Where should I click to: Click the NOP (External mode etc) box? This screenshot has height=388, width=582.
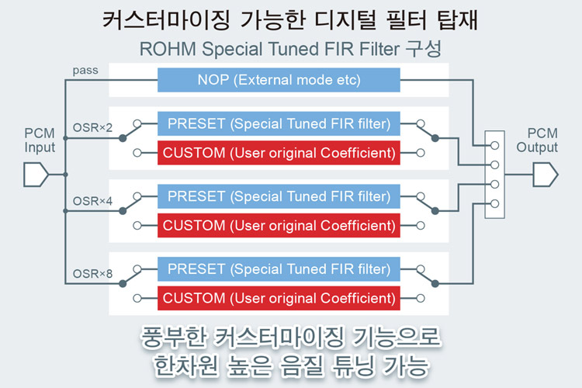tap(279, 80)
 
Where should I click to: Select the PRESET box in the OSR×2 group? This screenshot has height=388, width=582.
tap(279, 123)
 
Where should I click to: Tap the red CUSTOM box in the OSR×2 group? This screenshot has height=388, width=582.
tap(279, 153)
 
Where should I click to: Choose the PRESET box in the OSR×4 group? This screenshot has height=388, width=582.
tap(279, 196)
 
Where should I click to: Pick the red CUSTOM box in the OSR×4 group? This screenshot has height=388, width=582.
tap(279, 225)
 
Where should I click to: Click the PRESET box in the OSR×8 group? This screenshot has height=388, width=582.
tap(279, 269)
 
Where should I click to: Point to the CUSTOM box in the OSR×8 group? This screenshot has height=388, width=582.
tap(279, 298)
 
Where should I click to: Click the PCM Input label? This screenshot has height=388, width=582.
tap(40, 140)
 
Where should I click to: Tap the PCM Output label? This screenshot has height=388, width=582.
tap(537, 140)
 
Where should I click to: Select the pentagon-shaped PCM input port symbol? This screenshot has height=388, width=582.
tap(36, 174)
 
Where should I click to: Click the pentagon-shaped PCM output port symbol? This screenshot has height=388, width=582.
tap(546, 174)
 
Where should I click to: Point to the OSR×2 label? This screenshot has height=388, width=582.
tap(92, 128)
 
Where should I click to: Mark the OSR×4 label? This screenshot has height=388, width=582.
tap(92, 201)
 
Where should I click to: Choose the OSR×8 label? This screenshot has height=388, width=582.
tap(92, 274)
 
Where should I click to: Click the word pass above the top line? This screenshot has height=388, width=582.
tap(85, 71)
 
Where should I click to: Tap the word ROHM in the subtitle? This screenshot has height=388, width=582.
tap(168, 49)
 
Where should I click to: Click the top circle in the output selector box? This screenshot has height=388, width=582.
tap(494, 146)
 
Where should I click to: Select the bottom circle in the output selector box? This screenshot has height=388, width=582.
tap(494, 203)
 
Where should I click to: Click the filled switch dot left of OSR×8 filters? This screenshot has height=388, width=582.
tap(123, 284)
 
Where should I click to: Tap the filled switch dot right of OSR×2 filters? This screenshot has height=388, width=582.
tap(435, 138)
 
